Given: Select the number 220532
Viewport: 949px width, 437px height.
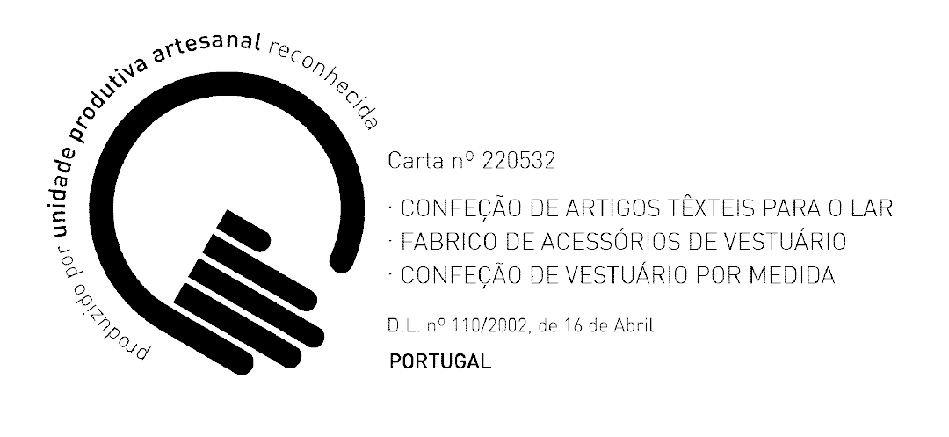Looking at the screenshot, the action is tap(518, 161).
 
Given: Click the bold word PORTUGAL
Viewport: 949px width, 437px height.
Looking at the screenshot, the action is tap(440, 362).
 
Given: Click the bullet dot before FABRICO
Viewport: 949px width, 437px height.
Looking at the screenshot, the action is tap(392, 242).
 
